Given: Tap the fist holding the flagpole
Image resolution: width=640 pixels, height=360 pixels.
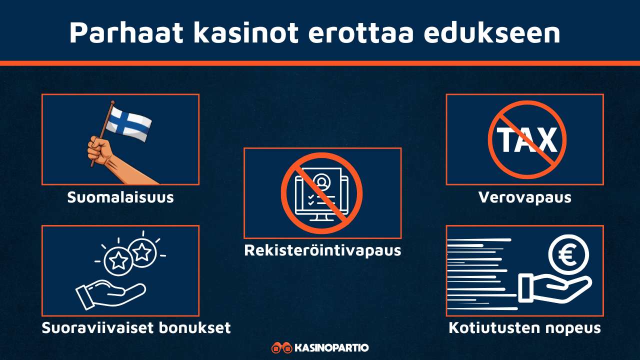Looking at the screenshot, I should [x=100, y=148].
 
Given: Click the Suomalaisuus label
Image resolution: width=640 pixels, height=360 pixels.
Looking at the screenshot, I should [x=120, y=197].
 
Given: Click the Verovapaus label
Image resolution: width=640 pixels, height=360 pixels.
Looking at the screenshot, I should [x=524, y=197].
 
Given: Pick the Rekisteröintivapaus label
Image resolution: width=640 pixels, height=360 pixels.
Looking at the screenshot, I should [x=322, y=250].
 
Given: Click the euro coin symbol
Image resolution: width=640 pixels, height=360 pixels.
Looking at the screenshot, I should [x=568, y=254].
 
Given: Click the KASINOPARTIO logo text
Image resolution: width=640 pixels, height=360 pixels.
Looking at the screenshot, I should [x=331, y=347].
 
